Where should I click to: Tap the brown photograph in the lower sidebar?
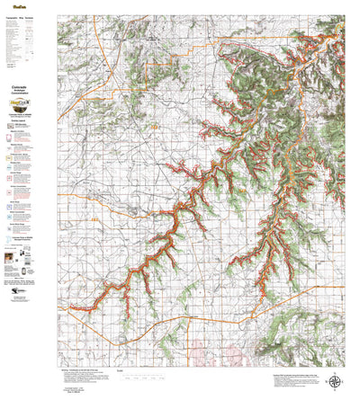pyautogui.click(x=11, y=261)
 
